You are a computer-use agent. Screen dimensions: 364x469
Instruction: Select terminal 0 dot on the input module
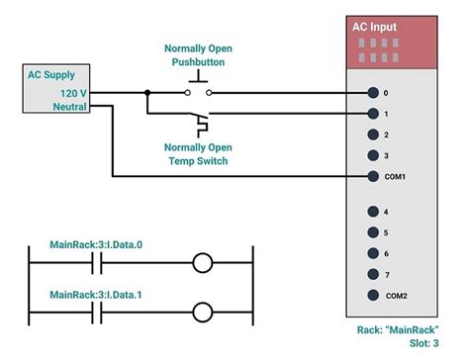point(372,94)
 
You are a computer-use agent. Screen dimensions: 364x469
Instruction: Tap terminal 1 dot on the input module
point(372,114)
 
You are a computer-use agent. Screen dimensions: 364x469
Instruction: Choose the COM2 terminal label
point(397,295)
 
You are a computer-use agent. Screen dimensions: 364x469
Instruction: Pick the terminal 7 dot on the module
point(372,274)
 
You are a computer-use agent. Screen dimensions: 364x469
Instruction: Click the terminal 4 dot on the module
point(372,212)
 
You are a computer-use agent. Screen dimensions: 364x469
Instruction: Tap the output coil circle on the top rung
point(203,264)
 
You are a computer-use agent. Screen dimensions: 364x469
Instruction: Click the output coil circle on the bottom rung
point(203,314)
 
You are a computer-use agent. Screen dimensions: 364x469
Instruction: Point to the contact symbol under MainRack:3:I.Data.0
point(97,264)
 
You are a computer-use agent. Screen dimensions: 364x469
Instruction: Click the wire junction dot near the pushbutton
point(147,94)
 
